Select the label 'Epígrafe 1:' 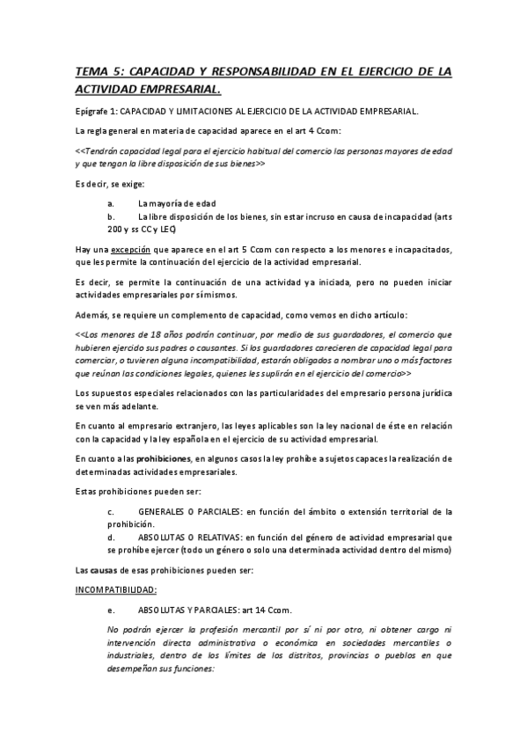pyautogui.click(x=97, y=111)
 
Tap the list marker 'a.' pyautogui.click(x=110, y=203)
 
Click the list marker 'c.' pyautogui.click(x=110, y=511)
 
